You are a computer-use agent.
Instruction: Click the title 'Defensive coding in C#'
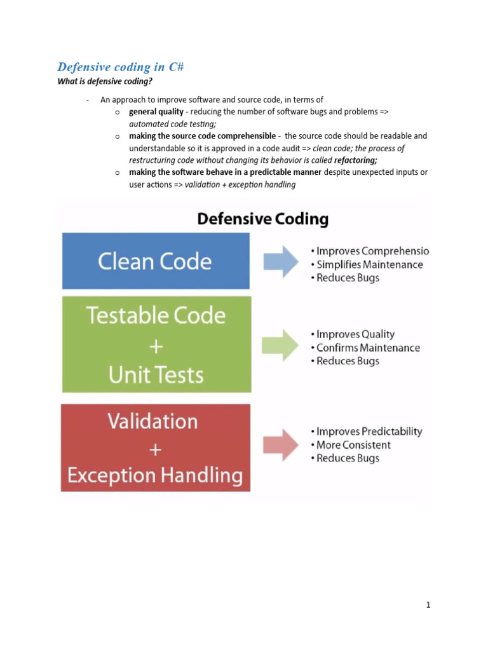pyautogui.click(x=121, y=67)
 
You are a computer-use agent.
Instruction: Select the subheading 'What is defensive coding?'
pyautogui.click(x=105, y=81)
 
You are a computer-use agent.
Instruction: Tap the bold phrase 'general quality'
pyautogui.click(x=156, y=112)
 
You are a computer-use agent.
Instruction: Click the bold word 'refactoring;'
pyautogui.click(x=355, y=160)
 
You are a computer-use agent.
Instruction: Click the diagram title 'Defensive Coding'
pyautogui.click(x=262, y=219)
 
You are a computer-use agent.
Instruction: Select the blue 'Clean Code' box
pyautogui.click(x=156, y=261)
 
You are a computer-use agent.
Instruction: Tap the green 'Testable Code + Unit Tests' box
pyautogui.click(x=156, y=345)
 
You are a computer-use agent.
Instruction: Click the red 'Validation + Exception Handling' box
pyautogui.click(x=156, y=448)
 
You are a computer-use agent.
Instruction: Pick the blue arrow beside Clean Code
pyautogui.click(x=280, y=261)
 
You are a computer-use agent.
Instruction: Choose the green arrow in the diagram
pyautogui.click(x=280, y=345)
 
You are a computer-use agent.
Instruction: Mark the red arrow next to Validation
pyautogui.click(x=280, y=444)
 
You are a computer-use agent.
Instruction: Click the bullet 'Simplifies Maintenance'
pyautogui.click(x=369, y=264)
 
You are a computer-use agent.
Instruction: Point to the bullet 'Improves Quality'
pyautogui.click(x=355, y=334)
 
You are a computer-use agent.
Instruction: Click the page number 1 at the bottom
pyautogui.click(x=428, y=605)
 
